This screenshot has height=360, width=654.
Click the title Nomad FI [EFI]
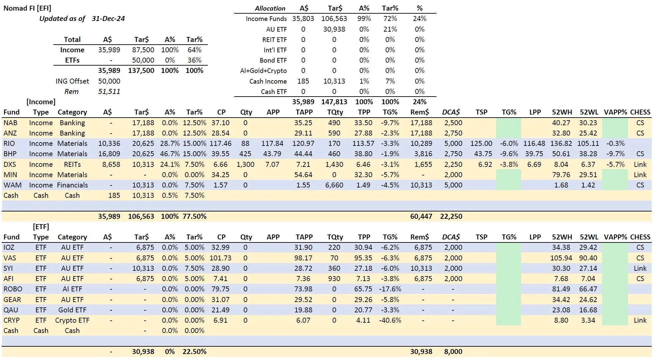[27, 8]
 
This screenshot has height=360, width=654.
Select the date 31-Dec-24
[108, 19]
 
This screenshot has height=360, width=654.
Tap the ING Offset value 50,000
[109, 81]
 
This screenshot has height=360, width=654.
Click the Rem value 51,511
[109, 92]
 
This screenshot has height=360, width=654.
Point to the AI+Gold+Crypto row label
[263, 71]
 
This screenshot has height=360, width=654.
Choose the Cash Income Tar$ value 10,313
[334, 81]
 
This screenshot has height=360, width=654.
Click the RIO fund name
[9, 144]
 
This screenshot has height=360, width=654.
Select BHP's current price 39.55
[221, 154]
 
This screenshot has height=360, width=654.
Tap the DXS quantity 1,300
[245, 165]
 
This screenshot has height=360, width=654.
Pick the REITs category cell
[72, 165]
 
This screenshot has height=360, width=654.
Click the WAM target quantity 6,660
[334, 185]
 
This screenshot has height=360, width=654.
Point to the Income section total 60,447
[421, 216]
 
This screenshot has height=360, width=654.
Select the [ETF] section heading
[41, 227]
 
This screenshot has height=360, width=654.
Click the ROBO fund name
[13, 289]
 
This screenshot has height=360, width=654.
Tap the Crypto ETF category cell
[72, 320]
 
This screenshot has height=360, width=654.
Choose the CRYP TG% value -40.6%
[390, 320]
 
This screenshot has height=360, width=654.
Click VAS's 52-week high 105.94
[561, 258]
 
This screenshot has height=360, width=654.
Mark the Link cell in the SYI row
[640, 268]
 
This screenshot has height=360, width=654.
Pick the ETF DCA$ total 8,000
[453, 352]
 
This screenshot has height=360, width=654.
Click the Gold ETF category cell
[72, 310]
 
